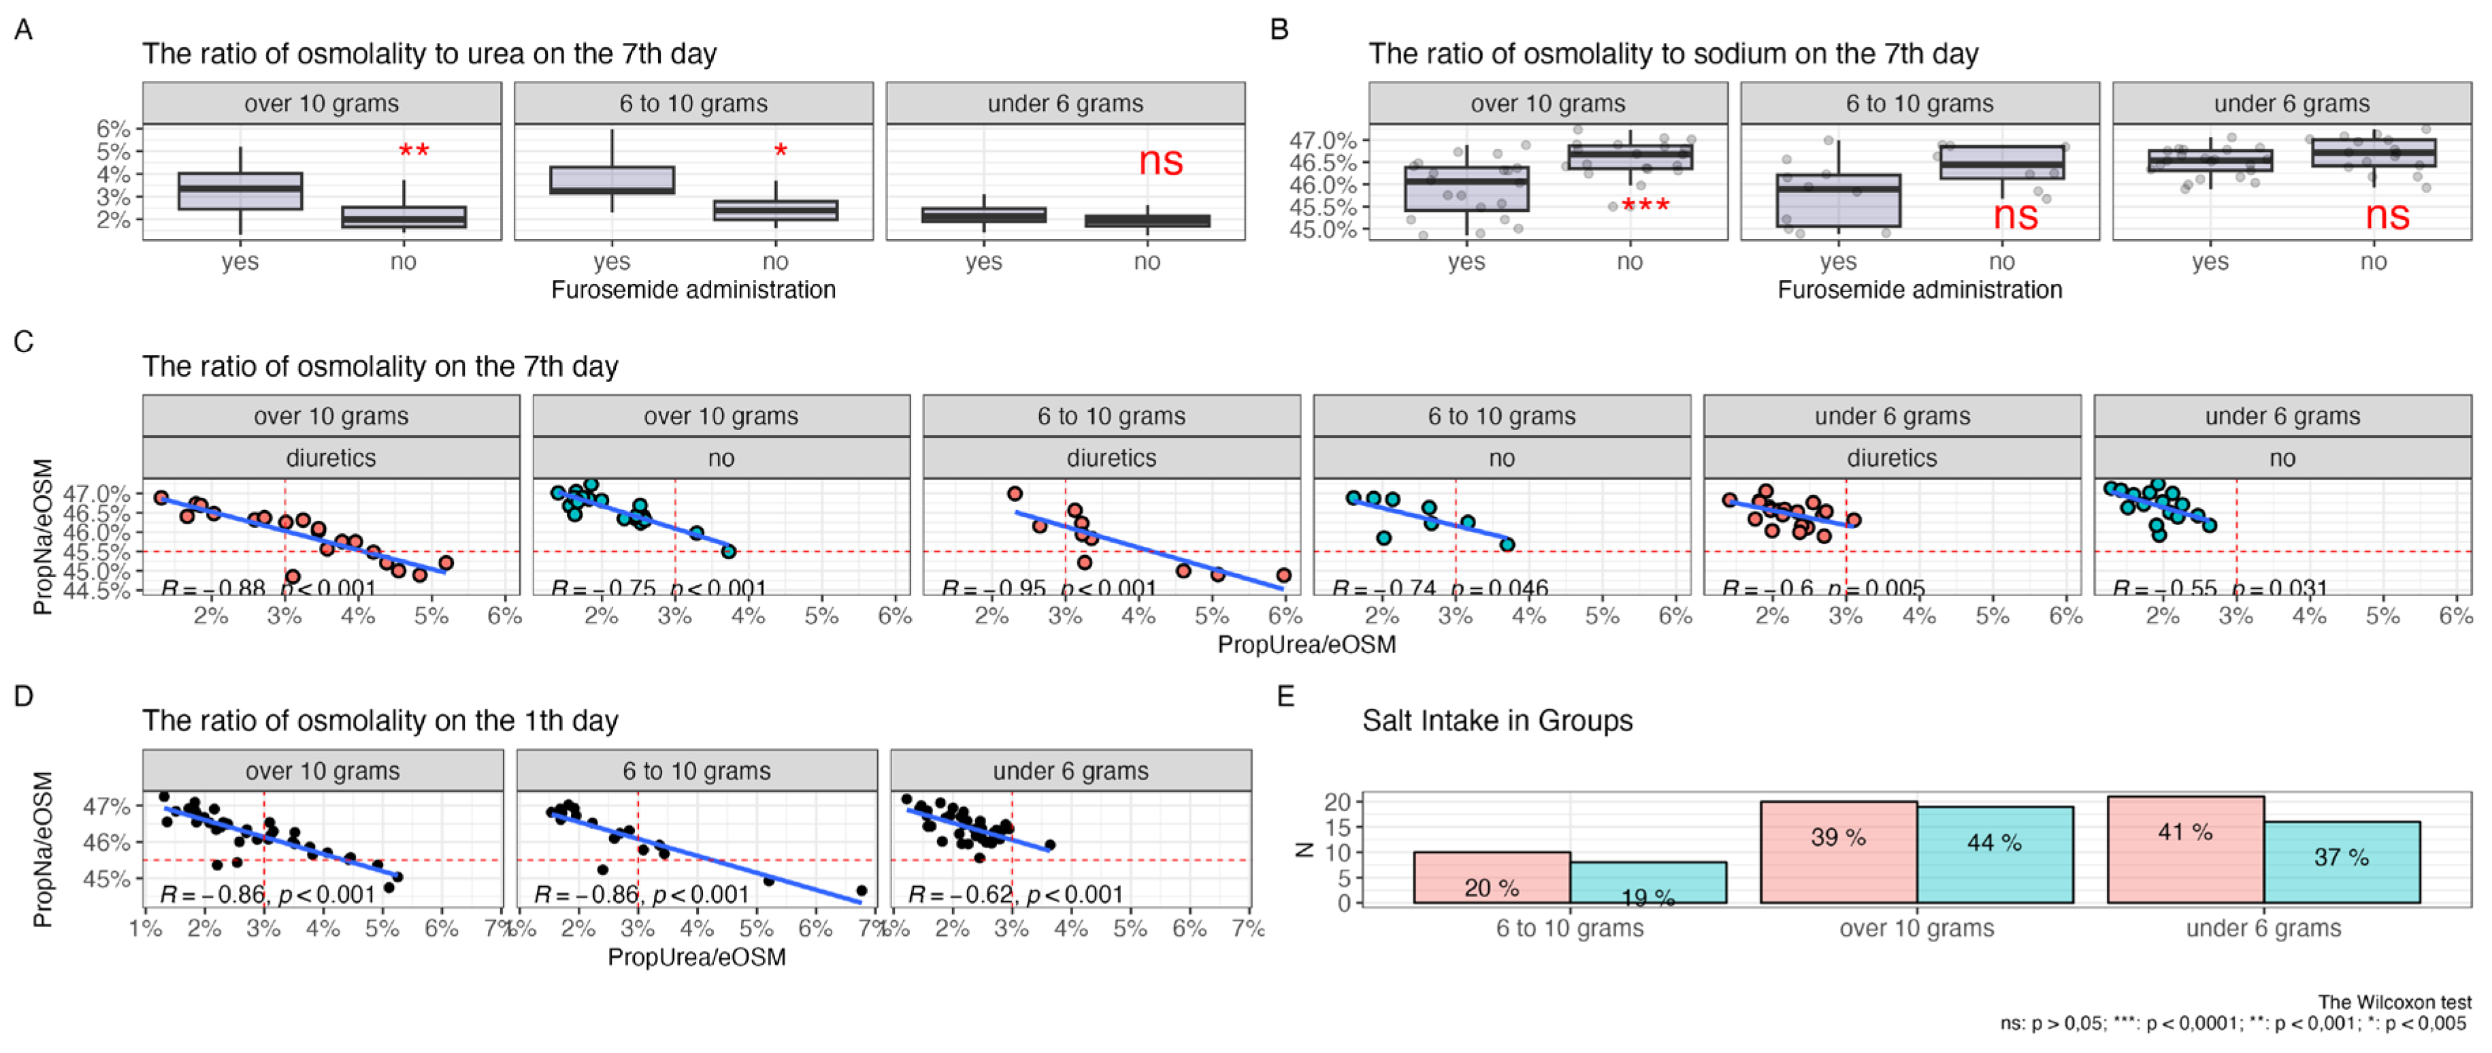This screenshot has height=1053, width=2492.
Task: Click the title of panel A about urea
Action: pyautogui.click(x=429, y=54)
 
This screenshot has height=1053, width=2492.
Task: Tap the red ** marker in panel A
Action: pyautogui.click(x=414, y=152)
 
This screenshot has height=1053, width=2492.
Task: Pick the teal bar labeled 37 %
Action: pyautogui.click(x=2341, y=862)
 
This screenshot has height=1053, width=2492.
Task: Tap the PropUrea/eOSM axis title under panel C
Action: pyautogui.click(x=1306, y=644)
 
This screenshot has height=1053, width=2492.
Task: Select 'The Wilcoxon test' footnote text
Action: pyautogui.click(x=2393, y=1003)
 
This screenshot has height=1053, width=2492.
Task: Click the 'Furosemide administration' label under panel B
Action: pyautogui.click(x=1919, y=290)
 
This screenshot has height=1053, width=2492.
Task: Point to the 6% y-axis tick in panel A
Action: pyautogui.click(x=113, y=129)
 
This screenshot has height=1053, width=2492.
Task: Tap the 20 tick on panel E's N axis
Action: pyautogui.click(x=1337, y=802)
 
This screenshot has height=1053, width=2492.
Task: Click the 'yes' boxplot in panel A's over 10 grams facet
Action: pyautogui.click(x=240, y=191)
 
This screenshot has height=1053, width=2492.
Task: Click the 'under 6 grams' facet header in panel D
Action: pyautogui.click(x=1070, y=772)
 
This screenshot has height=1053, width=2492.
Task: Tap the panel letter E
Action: pyautogui.click(x=1285, y=697)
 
